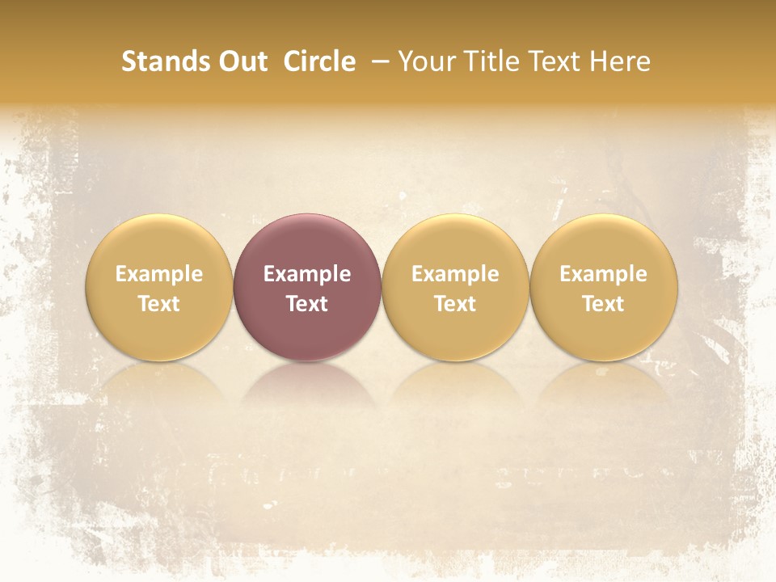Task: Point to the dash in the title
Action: [377, 61]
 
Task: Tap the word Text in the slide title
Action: [559, 61]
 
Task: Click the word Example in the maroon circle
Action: [307, 274]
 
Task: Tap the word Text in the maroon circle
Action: [307, 304]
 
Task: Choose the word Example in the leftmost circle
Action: [159, 274]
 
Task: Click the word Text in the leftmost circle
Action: [159, 304]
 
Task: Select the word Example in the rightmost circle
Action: [604, 274]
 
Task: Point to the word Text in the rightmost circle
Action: [604, 304]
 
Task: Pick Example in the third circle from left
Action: [455, 274]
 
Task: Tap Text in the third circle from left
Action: [455, 304]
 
